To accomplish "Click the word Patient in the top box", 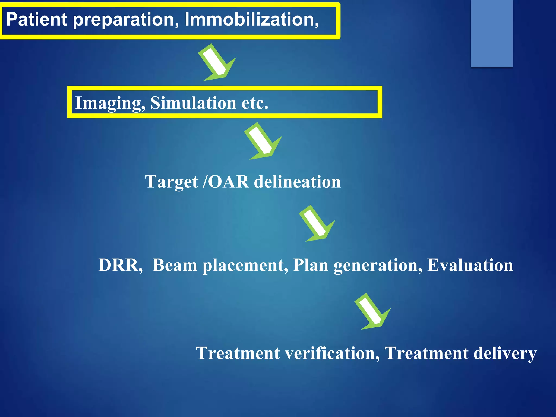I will point(36,19).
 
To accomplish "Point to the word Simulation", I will point(193,103).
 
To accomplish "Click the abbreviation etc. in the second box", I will point(255,103).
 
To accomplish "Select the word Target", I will point(171,182).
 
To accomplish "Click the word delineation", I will point(297,182).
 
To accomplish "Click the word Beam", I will point(175,265).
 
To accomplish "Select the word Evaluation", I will point(470,265).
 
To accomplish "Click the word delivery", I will point(505,353).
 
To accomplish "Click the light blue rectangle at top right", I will point(491,33).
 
